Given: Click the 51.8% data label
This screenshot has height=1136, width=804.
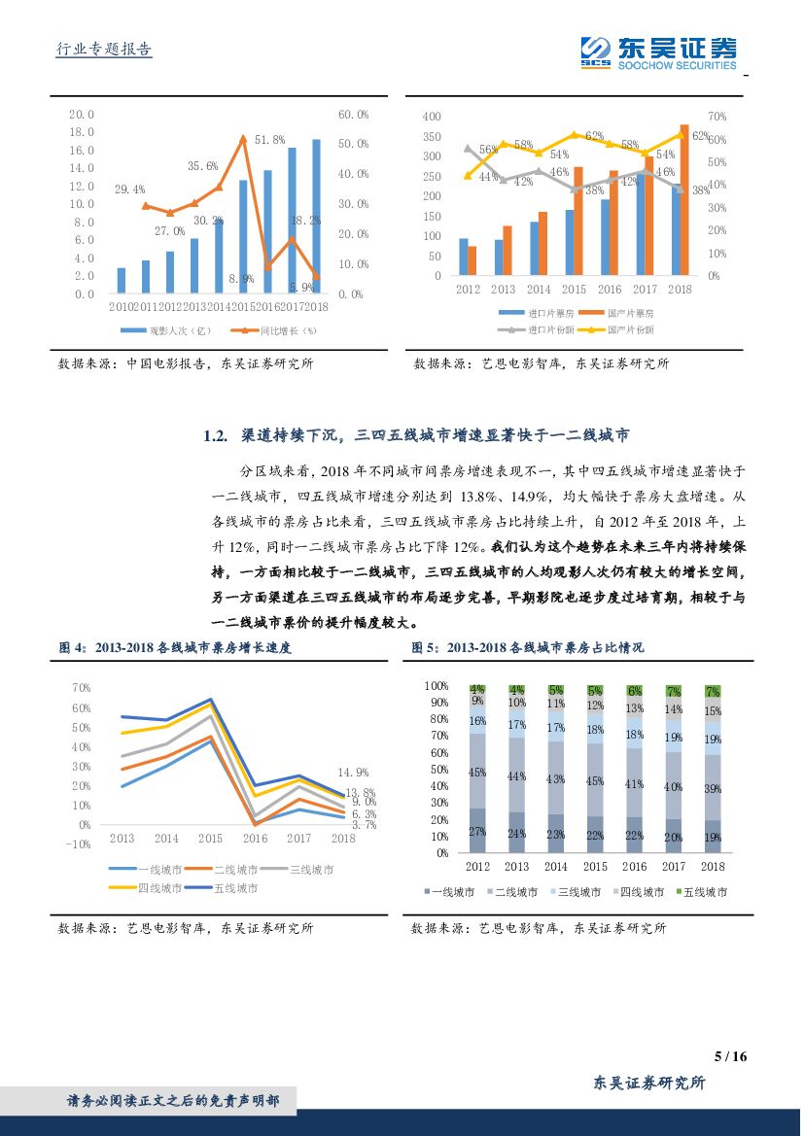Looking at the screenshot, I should pyautogui.click(x=269, y=140).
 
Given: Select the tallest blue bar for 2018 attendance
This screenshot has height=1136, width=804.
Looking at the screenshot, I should pyautogui.click(x=315, y=216).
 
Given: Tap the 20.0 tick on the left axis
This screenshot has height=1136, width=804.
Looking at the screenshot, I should pyautogui.click(x=82, y=114).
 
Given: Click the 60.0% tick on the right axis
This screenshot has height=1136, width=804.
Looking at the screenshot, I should pyautogui.click(x=353, y=114).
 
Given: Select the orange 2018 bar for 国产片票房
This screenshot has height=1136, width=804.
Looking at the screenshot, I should pyautogui.click(x=684, y=200).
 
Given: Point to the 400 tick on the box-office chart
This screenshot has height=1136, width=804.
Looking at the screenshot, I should pyautogui.click(x=432, y=116).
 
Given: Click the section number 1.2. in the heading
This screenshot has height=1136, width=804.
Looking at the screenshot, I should pyautogui.click(x=215, y=436).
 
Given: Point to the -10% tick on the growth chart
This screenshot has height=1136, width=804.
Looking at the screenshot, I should pyautogui.click(x=79, y=844).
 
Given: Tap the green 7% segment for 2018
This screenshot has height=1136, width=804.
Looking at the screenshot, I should pyautogui.click(x=713, y=691).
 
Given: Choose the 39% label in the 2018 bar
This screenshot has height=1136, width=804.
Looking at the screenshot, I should pyautogui.click(x=713, y=788).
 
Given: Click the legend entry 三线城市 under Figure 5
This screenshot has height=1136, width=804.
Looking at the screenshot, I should pyautogui.click(x=591, y=891).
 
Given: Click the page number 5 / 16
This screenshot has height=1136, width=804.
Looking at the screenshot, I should pyautogui.click(x=729, y=1057).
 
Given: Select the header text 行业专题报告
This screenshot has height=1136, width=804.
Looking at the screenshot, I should pyautogui.click(x=99, y=50).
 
